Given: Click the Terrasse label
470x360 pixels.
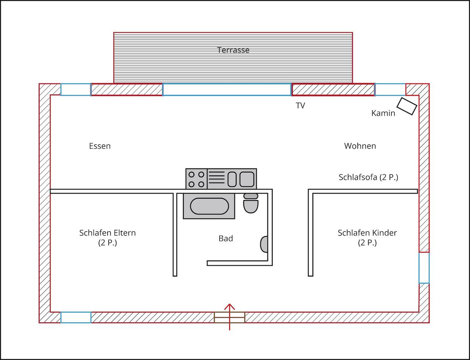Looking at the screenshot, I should pos(233,50).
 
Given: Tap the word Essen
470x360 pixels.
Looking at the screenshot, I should pos(100,146).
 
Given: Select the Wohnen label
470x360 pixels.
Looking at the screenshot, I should pos(360,146).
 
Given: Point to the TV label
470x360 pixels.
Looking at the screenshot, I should pos(300,106).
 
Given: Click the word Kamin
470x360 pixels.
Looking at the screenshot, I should pos(383,113).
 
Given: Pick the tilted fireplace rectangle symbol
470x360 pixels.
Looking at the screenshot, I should pos(408,106).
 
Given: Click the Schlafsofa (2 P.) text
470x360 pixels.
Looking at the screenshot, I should pos(368,177).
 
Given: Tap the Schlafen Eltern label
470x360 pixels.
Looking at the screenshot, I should pos(108,233).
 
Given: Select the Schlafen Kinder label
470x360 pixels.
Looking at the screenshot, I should pos(367,233).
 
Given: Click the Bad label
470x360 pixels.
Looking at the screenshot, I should pos(226,239).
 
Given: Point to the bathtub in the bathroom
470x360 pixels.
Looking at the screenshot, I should pos(209,206).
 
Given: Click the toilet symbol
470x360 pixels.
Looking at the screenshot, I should pos(251,204).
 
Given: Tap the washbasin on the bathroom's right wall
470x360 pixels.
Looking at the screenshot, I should pos(264,244).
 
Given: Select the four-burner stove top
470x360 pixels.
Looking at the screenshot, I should pos(196,179).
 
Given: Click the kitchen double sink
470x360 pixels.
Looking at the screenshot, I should pos(241,179).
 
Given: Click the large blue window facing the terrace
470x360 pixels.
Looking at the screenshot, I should pos(227,90).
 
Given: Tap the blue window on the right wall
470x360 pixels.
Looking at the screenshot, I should pos(424,268).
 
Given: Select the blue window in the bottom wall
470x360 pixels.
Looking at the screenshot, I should pos(76,317).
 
